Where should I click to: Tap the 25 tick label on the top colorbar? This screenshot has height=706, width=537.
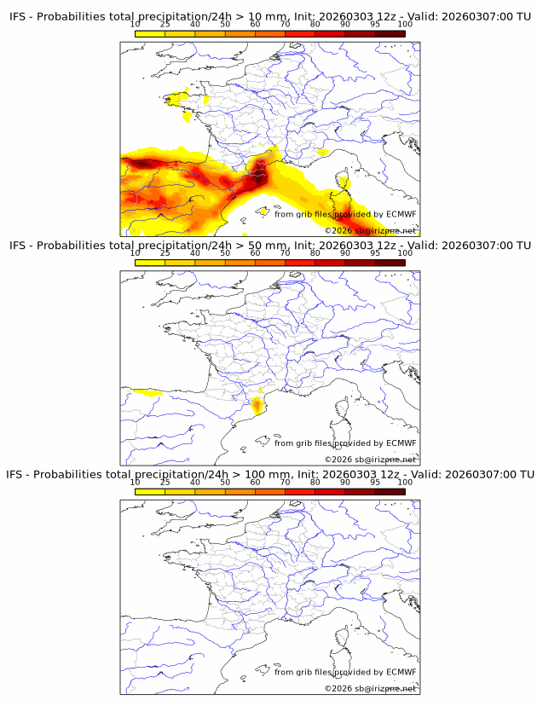(x=165, y=24)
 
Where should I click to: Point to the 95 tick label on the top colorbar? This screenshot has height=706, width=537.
(x=375, y=24)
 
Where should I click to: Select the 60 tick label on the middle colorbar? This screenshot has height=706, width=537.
(x=255, y=253)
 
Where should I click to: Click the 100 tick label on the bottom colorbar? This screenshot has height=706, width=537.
(x=405, y=483)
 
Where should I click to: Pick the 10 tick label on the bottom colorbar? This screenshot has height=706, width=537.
(x=136, y=483)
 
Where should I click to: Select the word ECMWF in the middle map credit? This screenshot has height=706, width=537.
(x=401, y=443)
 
